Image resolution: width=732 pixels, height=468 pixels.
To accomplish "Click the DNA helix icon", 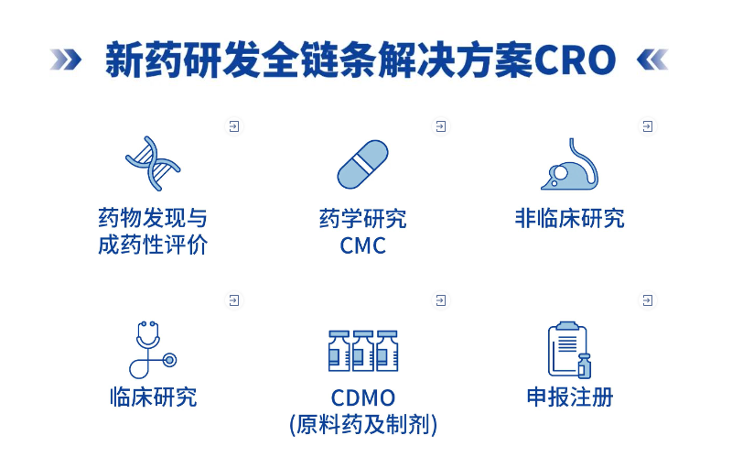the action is coord(153,164).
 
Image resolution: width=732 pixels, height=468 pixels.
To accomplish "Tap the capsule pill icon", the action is coord(362,165).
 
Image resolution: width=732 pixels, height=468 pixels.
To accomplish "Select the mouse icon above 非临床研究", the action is coord(570,165).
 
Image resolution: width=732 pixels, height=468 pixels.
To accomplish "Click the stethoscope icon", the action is coord(152,349).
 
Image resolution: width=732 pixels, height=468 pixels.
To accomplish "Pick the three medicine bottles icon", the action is coord(363,351).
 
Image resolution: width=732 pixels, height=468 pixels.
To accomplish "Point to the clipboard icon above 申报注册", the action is coord(569,350).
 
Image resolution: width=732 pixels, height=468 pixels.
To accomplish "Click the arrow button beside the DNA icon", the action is coord(234,126).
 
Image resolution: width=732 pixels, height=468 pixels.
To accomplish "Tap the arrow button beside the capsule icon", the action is coord(441,126).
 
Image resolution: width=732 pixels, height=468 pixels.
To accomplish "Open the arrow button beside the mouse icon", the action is coord(648,126).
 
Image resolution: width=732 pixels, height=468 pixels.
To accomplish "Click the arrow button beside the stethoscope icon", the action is coord(234,299).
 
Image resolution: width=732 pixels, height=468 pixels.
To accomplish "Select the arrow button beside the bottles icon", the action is coord(441,299).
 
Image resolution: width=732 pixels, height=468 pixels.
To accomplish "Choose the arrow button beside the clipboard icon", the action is coord(648,299).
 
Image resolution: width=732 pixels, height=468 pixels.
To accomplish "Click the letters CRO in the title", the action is coord(576,60).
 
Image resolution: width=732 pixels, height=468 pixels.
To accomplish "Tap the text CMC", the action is coord(363,245).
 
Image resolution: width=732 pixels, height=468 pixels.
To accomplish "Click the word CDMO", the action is coord(363,398).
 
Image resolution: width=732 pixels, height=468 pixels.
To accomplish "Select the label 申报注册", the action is coord(570,397).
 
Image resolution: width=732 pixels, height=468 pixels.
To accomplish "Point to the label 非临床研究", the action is coord(570,218).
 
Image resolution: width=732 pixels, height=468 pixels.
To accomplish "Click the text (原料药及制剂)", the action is coord(363,425).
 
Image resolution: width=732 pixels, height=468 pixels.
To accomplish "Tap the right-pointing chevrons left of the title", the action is coord(66,60).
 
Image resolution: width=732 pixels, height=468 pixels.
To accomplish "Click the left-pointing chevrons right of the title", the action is coord(652,60).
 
